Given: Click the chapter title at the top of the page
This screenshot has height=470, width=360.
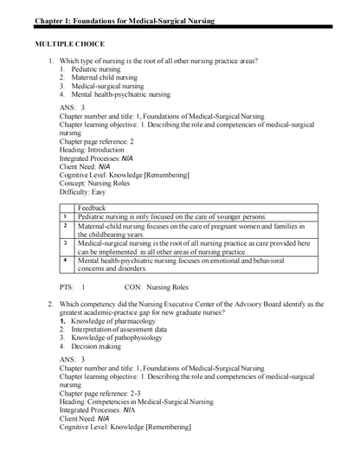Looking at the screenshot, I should click(x=124, y=20).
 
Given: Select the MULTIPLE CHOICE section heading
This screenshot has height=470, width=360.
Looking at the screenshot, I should click(x=69, y=42).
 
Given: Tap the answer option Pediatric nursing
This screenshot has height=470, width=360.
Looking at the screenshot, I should click(x=96, y=68).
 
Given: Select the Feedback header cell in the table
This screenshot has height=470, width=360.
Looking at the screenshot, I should click(x=93, y=208).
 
